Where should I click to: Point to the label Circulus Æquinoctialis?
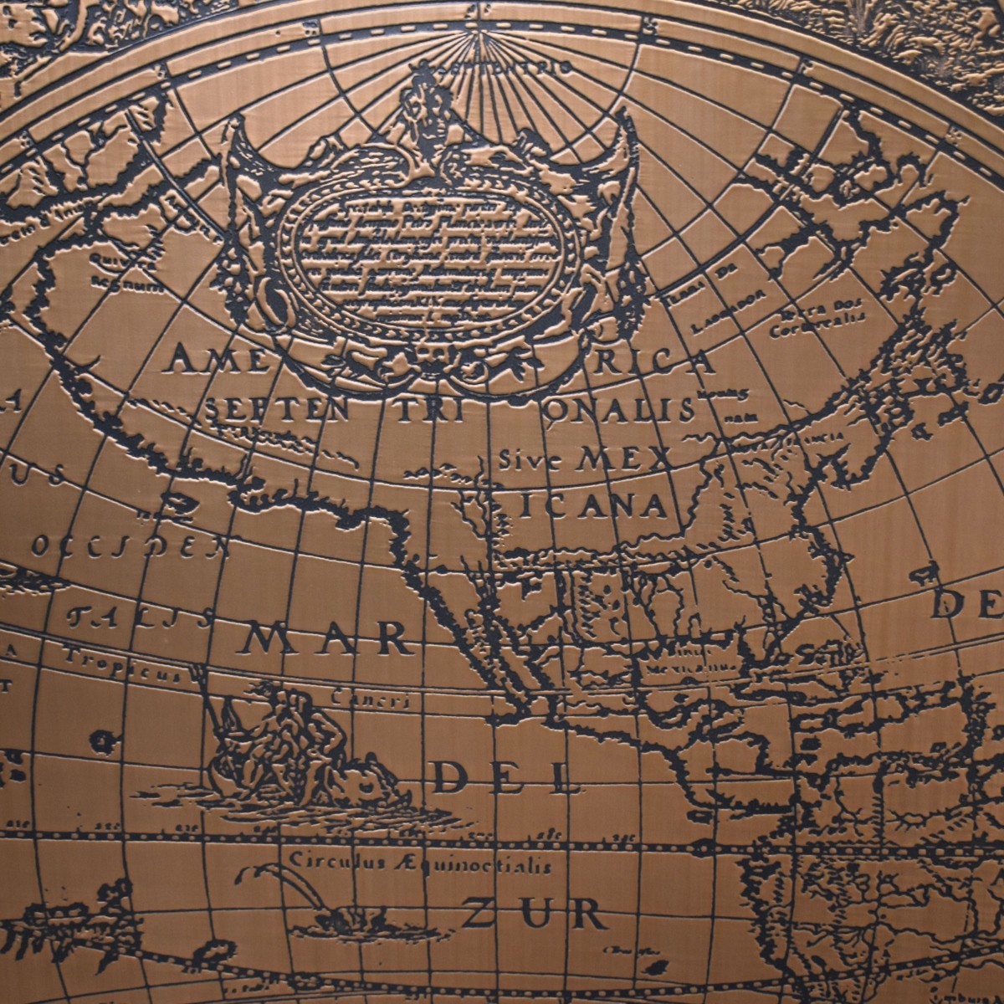coord(420,862)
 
